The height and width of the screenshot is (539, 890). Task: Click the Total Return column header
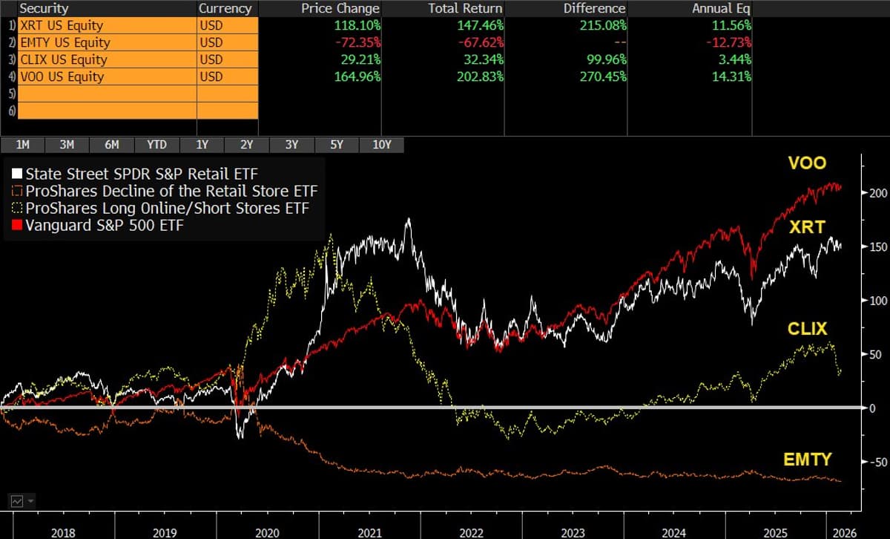(465, 8)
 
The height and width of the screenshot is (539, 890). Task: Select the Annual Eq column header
(721, 8)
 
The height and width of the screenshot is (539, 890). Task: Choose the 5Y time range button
(336, 145)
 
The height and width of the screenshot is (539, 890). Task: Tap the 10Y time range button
(381, 145)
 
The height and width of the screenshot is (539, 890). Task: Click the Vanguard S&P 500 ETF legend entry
(104, 225)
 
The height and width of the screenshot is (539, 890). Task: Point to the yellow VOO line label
(807, 163)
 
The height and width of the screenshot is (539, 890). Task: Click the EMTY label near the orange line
(808, 460)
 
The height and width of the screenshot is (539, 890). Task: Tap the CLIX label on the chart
(807, 329)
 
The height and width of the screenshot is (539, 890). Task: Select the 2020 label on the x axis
(266, 532)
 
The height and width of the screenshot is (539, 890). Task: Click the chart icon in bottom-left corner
(16, 501)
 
